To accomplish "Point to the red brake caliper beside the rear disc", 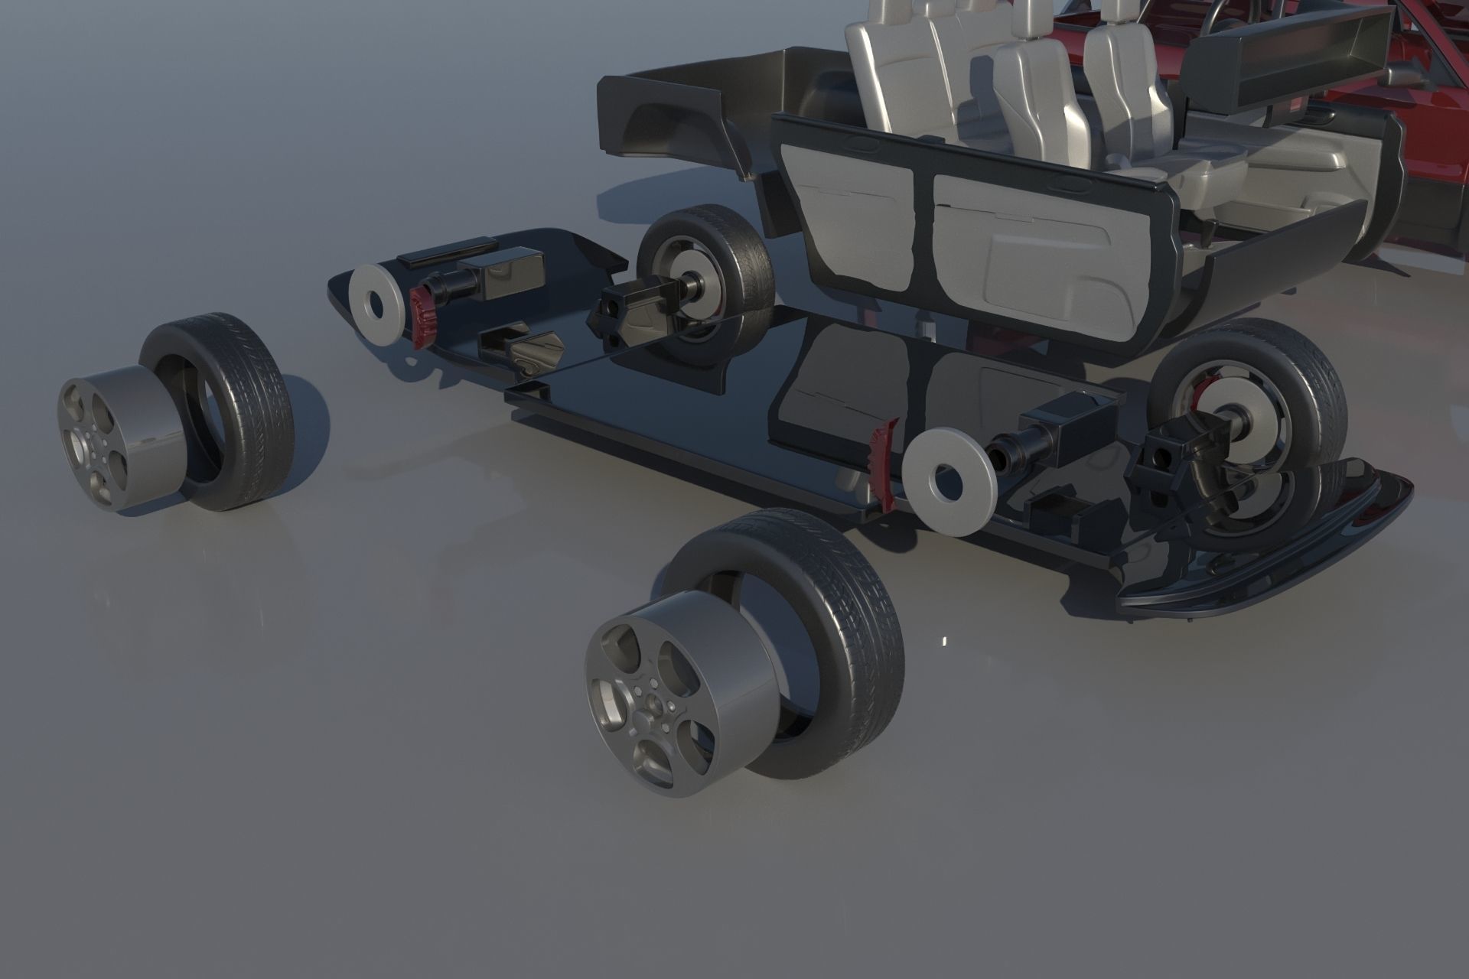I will coord(422,317).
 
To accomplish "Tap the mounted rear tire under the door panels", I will coord(734,252).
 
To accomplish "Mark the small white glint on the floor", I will coord(943,641).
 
